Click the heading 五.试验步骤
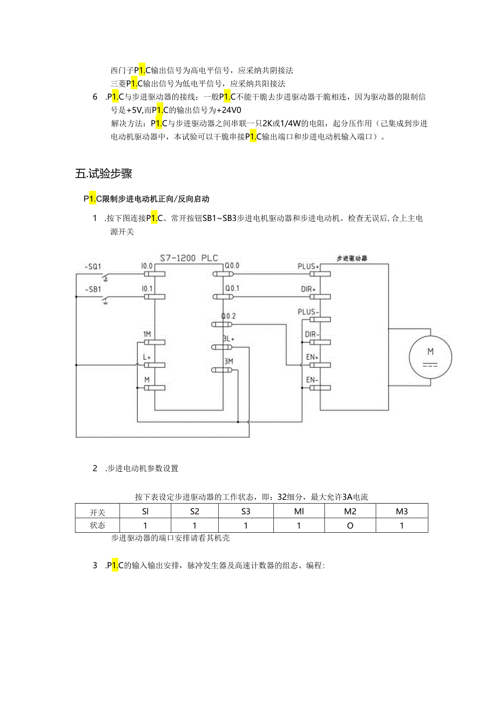104,174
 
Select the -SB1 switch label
92,289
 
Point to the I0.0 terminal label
146,266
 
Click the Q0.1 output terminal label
232,289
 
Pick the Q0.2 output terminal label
229,316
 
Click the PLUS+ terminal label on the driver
308,266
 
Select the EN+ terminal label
312,357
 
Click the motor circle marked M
431,356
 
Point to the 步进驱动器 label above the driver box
352,258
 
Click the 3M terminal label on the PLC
228,361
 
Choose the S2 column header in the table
194,511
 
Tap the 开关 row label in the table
98,512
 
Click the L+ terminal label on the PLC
146,357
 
